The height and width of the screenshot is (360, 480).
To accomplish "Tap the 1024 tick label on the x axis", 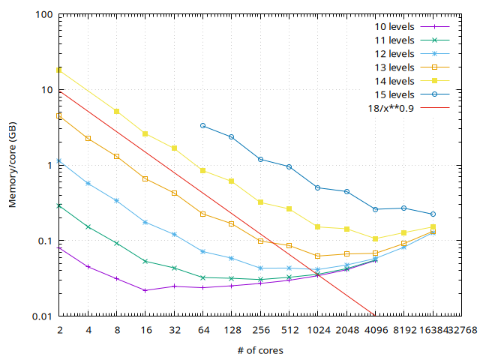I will point(318,330).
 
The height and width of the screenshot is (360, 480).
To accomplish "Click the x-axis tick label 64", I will point(203,330).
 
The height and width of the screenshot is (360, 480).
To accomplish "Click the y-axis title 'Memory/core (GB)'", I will point(13,166).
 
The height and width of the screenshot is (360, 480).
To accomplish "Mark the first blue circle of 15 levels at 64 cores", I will point(203,126).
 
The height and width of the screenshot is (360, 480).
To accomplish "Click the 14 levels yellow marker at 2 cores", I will point(59,70).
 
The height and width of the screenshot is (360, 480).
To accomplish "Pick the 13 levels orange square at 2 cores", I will point(59,116).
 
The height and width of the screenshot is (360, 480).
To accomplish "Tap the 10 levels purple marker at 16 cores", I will point(145,290).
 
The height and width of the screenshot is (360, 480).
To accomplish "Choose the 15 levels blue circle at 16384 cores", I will point(433,214).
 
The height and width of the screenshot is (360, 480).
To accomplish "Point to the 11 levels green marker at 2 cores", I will point(59,205).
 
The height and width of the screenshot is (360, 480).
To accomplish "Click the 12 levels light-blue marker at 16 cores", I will point(145,222).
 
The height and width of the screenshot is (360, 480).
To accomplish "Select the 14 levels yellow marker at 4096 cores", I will point(376,238).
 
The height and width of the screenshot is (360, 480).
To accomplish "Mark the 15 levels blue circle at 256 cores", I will point(260,159).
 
